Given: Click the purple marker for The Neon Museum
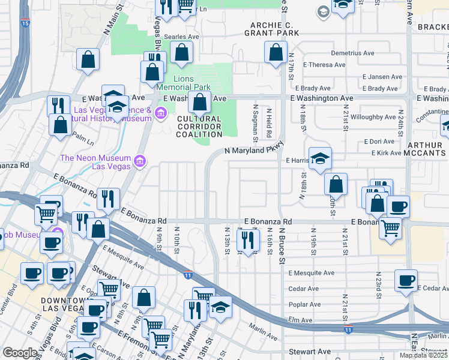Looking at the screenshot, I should [x=139, y=160].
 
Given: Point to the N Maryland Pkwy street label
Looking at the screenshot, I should [x=253, y=151].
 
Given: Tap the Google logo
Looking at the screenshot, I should [x=20, y=353].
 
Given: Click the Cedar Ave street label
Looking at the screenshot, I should [x=303, y=289].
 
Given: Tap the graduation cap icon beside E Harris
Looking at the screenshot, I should [x=321, y=158].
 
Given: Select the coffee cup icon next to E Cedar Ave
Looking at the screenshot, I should [x=406, y=280].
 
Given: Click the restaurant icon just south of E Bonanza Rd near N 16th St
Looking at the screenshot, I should [x=247, y=239].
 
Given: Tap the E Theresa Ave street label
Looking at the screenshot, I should [x=324, y=65].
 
